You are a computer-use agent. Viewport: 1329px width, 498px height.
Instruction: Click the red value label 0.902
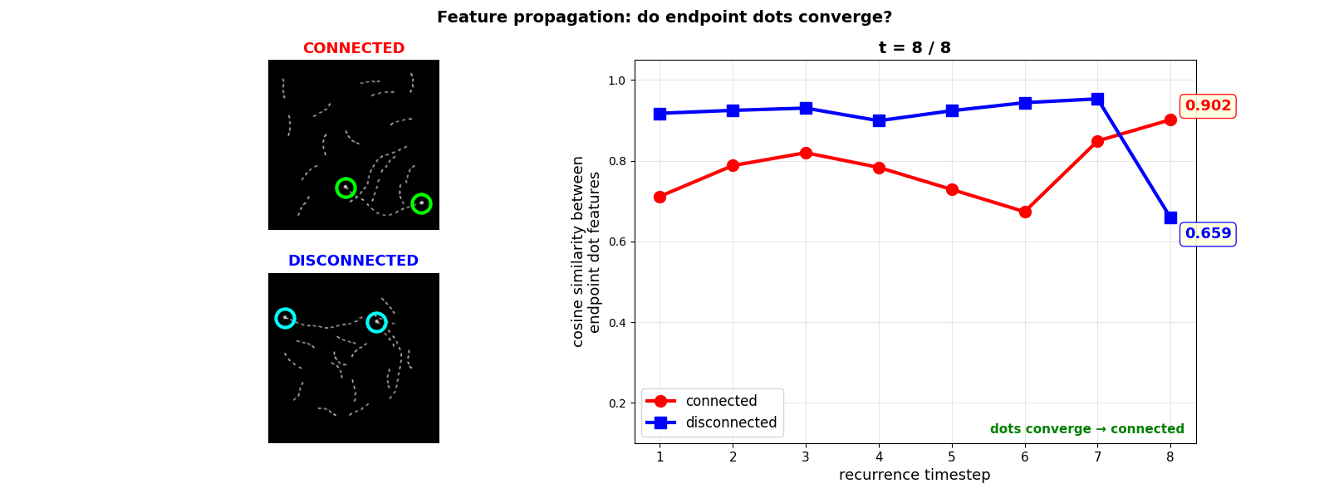[1208, 106]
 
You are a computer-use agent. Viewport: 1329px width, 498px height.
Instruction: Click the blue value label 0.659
[1208, 234]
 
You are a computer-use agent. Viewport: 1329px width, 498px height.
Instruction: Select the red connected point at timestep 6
[1025, 212]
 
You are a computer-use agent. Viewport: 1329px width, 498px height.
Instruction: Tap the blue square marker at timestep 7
[1097, 99]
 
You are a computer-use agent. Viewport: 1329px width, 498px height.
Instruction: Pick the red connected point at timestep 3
[806, 153]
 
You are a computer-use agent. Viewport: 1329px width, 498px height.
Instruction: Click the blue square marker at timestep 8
[1170, 217]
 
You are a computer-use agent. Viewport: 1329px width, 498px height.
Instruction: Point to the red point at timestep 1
[660, 197]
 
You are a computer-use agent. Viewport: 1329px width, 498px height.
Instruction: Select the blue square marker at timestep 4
[879, 120]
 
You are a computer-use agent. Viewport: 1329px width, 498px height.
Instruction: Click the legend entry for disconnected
[731, 422]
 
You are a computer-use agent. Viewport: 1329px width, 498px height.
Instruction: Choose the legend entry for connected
[721, 401]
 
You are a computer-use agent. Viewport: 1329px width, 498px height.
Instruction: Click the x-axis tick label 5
[952, 456]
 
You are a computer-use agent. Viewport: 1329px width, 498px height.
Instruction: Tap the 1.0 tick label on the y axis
[615, 81]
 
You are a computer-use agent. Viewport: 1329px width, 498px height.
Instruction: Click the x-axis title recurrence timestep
[915, 475]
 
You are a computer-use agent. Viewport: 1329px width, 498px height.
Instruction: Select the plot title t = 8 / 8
[915, 48]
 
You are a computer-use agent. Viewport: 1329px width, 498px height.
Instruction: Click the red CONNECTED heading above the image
[353, 48]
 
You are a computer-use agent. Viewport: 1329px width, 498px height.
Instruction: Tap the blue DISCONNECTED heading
[353, 261]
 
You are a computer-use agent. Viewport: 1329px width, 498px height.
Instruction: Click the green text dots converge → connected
[1086, 429]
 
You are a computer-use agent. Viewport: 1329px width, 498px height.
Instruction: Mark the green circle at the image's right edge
[421, 203]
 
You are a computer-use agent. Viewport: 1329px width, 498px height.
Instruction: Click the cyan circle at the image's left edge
[285, 318]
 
